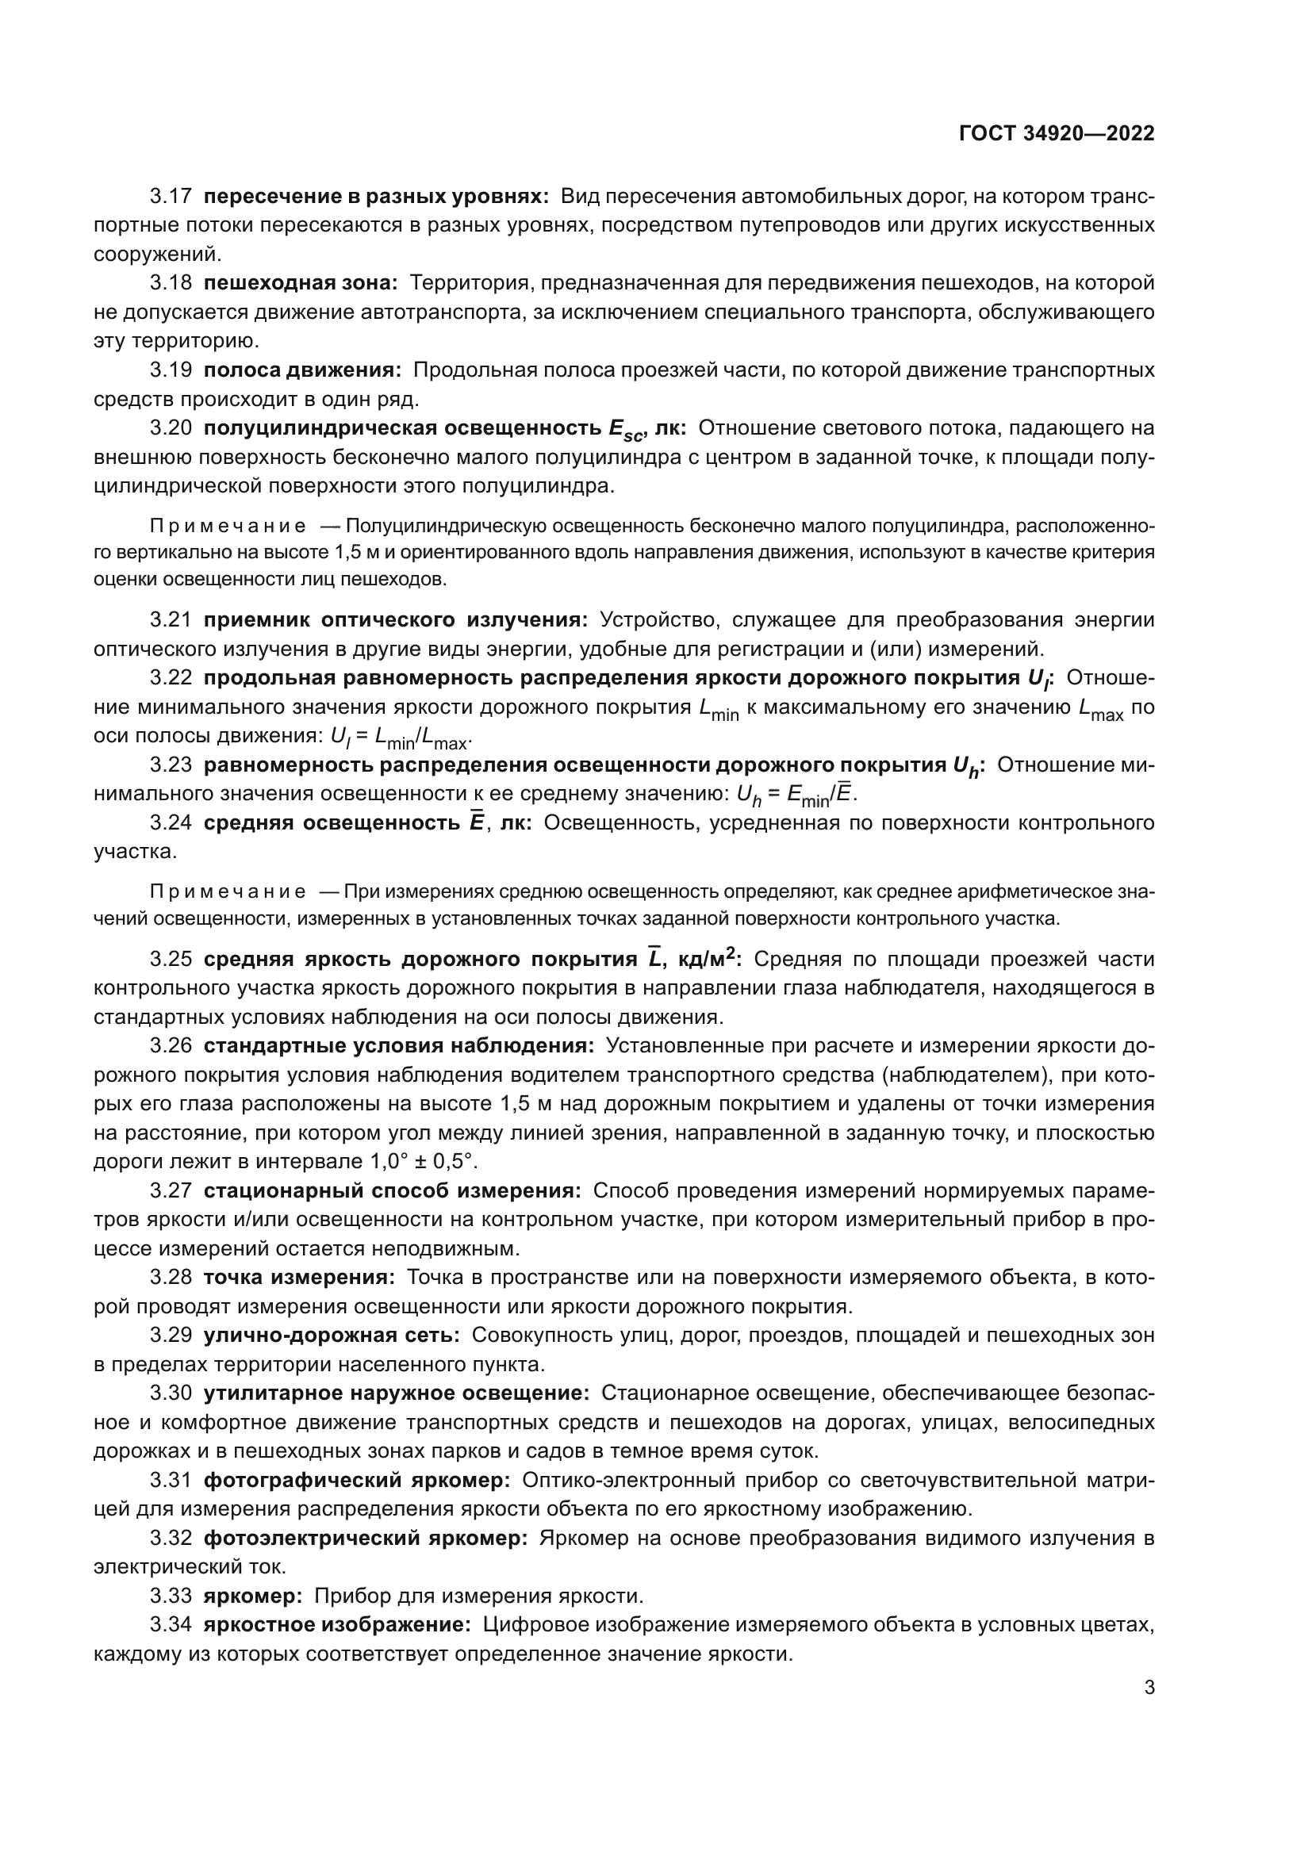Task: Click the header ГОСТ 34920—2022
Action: click(x=1057, y=134)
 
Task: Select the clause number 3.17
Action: click(x=171, y=197)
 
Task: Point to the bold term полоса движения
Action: click(x=302, y=371)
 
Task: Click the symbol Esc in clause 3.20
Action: click(x=627, y=431)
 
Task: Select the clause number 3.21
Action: click(x=171, y=620)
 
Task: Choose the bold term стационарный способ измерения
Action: click(x=392, y=1191)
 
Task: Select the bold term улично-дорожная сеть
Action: click(x=332, y=1336)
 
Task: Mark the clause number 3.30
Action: click(x=171, y=1393)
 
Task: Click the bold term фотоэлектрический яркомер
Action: click(x=365, y=1539)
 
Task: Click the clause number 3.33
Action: click(x=171, y=1596)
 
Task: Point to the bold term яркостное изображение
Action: click(x=337, y=1625)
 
